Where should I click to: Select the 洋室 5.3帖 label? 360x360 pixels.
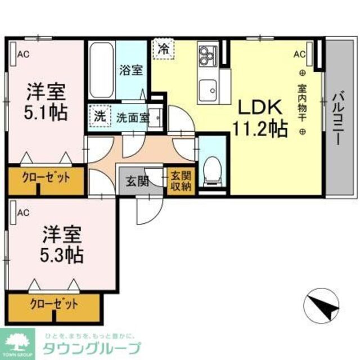62,245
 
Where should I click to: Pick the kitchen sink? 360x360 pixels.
209,89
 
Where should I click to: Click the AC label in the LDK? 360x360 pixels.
299,55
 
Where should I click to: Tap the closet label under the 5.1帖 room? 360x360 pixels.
47,178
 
